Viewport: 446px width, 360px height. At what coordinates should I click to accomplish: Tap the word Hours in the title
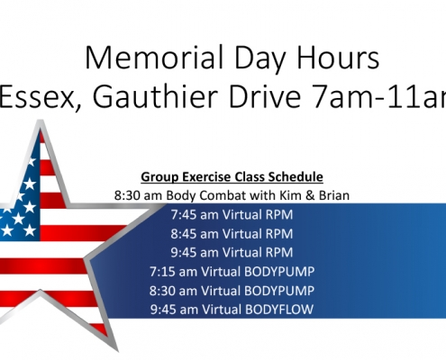[338, 58]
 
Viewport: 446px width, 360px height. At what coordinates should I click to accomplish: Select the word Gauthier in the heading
[156, 96]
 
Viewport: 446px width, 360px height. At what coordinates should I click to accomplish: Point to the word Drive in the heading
[265, 96]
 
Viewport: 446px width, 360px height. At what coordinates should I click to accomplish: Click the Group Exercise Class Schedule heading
[232, 176]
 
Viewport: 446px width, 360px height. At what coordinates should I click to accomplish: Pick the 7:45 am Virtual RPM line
[232, 215]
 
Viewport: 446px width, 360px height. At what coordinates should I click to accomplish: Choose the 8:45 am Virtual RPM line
[232, 234]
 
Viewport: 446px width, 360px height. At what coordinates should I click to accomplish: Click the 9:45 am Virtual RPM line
[232, 253]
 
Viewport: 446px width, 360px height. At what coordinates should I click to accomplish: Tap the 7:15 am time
[173, 272]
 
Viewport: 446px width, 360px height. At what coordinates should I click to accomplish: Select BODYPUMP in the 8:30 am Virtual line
[279, 291]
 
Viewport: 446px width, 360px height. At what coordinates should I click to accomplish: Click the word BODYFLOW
[279, 310]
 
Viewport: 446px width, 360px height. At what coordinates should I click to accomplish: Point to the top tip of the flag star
[41, 121]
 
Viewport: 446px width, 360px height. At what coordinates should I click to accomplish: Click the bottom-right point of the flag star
[116, 350]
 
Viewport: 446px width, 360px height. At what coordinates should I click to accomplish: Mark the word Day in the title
[259, 59]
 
